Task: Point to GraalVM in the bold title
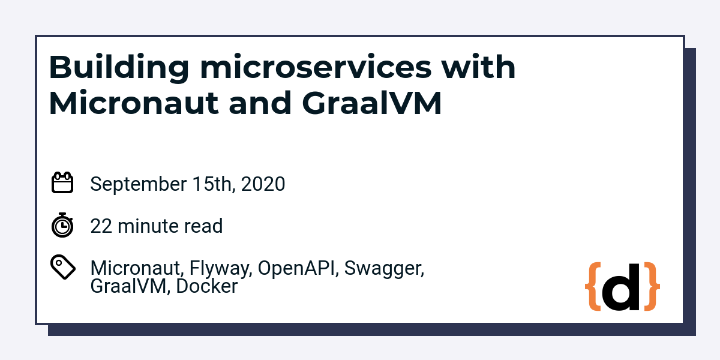click(371, 103)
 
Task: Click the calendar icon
click(62, 183)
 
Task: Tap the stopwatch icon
click(62, 225)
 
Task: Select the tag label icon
click(62, 267)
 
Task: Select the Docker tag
click(207, 286)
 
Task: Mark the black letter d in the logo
click(622, 286)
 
